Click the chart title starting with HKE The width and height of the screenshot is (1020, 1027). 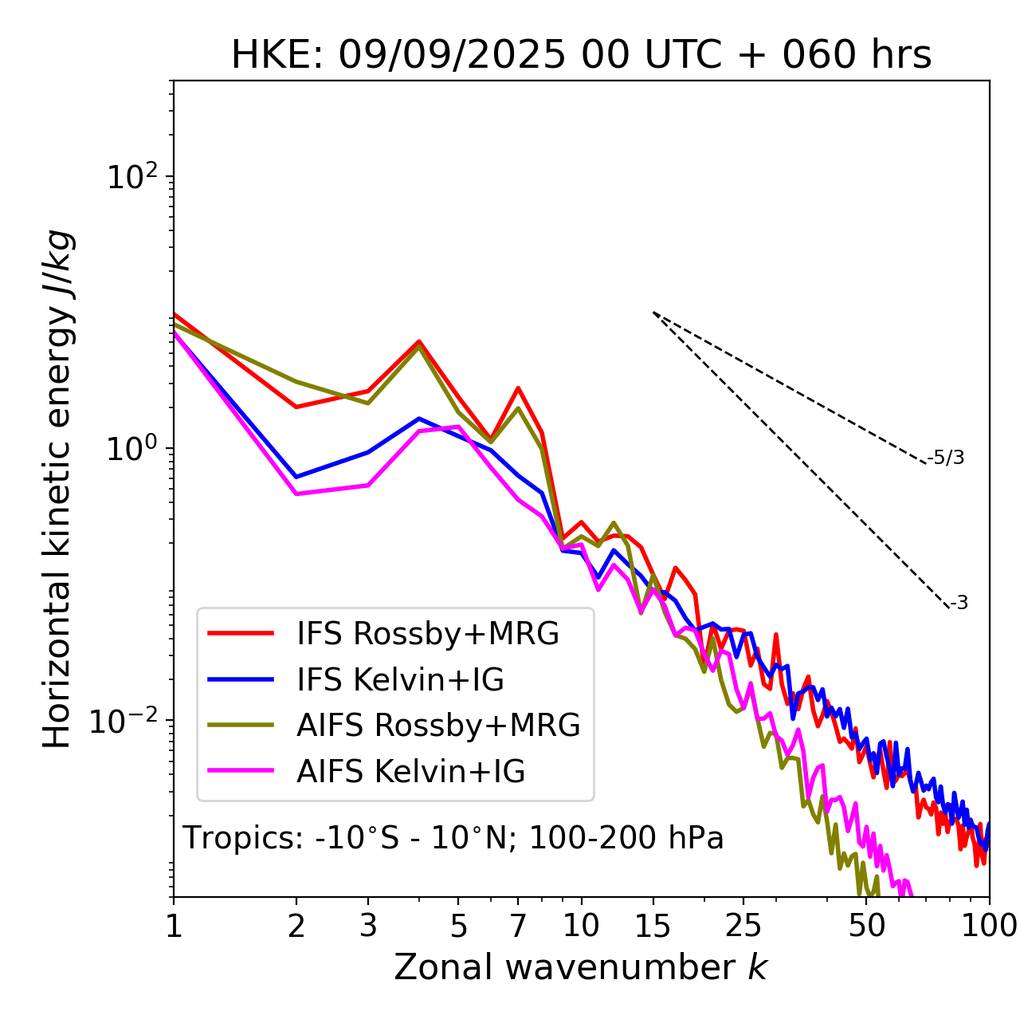click(x=581, y=56)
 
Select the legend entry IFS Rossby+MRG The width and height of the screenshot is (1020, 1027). click(x=427, y=634)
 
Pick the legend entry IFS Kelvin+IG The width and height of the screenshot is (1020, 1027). click(x=400, y=680)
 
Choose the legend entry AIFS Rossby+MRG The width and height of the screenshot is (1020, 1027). click(x=438, y=726)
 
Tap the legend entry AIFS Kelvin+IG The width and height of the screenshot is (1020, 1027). click(x=410, y=772)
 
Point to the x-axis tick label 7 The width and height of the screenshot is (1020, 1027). click(x=518, y=926)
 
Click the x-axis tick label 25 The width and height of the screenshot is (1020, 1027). click(x=743, y=926)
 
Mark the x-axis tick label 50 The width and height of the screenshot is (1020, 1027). click(x=867, y=926)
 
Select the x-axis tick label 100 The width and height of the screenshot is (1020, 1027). click(x=989, y=926)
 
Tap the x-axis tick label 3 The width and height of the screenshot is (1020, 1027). click(x=367, y=926)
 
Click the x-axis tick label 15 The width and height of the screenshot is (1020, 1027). click(x=653, y=926)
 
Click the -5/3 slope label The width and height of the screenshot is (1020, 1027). click(x=946, y=458)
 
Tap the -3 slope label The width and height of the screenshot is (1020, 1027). click(x=959, y=604)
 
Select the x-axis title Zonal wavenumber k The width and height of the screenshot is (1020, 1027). click(x=581, y=968)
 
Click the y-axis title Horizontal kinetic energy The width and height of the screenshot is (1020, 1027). click(x=57, y=489)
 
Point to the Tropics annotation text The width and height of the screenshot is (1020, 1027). click(x=453, y=839)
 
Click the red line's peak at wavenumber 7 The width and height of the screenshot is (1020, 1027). click(x=518, y=388)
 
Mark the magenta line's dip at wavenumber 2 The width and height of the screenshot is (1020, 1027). click(x=296, y=494)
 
